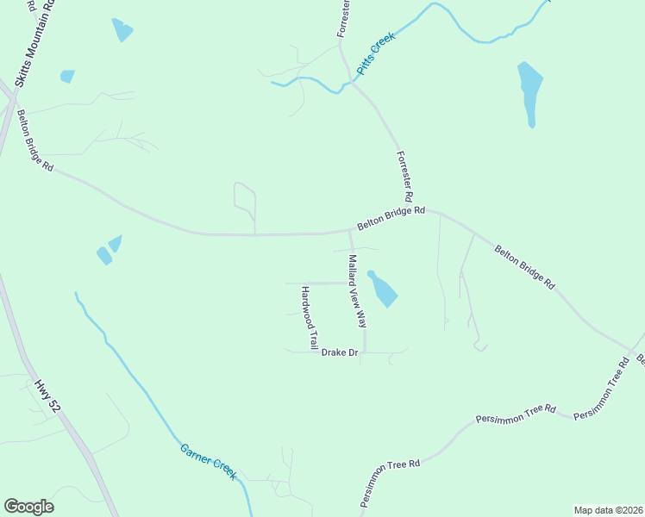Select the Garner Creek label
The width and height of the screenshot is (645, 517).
pyautogui.click(x=207, y=461)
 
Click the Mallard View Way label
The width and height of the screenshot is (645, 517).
pyautogui.click(x=358, y=291)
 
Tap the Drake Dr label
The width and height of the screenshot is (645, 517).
pyautogui.click(x=339, y=352)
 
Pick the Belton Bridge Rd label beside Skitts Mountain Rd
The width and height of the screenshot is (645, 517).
pyautogui.click(x=34, y=140)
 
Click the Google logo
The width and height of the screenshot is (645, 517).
pyautogui.click(x=28, y=507)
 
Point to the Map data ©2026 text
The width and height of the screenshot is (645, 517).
pyautogui.click(x=608, y=509)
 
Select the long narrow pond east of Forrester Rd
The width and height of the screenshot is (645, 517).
pyautogui.click(x=529, y=91)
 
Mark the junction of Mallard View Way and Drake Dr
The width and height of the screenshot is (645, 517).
pyautogui.click(x=365, y=352)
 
